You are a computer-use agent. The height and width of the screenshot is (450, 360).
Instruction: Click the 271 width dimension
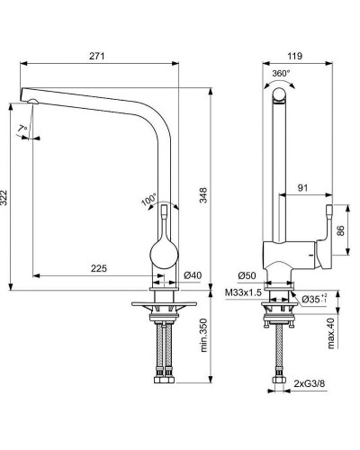(97, 56)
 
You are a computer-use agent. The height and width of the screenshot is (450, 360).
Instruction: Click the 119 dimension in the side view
(295, 56)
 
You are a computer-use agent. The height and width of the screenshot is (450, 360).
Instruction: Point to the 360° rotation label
(282, 74)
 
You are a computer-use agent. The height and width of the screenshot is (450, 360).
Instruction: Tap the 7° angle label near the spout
(22, 129)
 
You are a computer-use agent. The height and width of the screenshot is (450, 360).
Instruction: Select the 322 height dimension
(4, 198)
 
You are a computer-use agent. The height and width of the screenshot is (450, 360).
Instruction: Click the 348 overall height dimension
(203, 195)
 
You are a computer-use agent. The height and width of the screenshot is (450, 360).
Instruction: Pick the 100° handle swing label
(149, 200)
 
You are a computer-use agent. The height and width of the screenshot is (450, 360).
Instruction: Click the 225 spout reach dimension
(99, 268)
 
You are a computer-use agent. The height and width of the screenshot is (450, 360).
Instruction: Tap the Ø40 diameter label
(193, 274)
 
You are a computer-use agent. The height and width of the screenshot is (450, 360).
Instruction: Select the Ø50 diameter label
(247, 275)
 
